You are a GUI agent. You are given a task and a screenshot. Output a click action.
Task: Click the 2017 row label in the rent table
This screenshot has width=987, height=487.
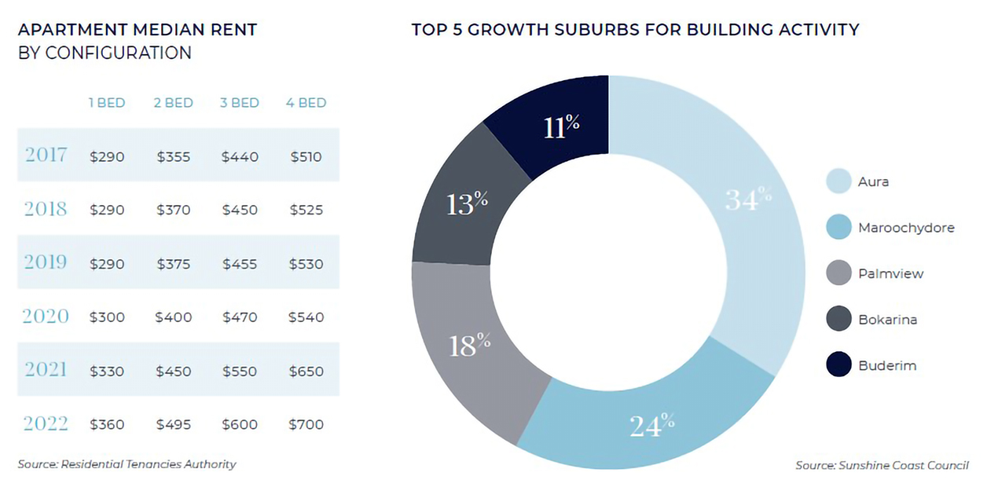coord(46,155)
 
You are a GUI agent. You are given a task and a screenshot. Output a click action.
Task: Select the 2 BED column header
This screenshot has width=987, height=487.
coord(173,103)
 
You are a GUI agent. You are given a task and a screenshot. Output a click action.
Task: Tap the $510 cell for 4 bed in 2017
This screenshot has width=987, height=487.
coord(306,157)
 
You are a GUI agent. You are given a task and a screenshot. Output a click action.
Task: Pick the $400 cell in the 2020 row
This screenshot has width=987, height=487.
coord(173,317)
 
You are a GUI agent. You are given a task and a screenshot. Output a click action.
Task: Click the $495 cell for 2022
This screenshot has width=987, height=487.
coord(173,424)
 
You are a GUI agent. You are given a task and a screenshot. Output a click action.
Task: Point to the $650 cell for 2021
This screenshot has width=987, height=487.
coord(306,371)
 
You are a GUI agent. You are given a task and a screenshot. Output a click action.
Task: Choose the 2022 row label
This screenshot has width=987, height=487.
coord(46,423)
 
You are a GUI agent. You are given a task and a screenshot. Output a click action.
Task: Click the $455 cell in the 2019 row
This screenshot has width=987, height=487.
coord(240,264)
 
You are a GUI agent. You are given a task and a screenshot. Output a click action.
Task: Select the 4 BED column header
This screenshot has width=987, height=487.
coord(306,103)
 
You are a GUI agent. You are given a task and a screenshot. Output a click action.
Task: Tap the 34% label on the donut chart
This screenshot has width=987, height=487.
coord(748,200)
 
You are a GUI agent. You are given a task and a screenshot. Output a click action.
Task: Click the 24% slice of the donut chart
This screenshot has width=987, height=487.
coord(652,424)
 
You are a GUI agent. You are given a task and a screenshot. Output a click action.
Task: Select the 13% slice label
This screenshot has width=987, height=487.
coord(467,203)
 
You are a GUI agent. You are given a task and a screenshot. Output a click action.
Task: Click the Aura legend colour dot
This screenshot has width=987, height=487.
coord(838,181)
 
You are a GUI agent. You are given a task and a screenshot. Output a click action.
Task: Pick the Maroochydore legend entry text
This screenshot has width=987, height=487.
coord(906,228)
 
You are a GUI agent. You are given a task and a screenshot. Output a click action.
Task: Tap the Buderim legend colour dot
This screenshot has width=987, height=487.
coord(838,365)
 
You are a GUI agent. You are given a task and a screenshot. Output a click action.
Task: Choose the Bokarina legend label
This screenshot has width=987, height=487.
coord(887,320)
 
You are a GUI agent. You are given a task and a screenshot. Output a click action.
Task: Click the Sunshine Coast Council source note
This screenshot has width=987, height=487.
coord(882,465)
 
